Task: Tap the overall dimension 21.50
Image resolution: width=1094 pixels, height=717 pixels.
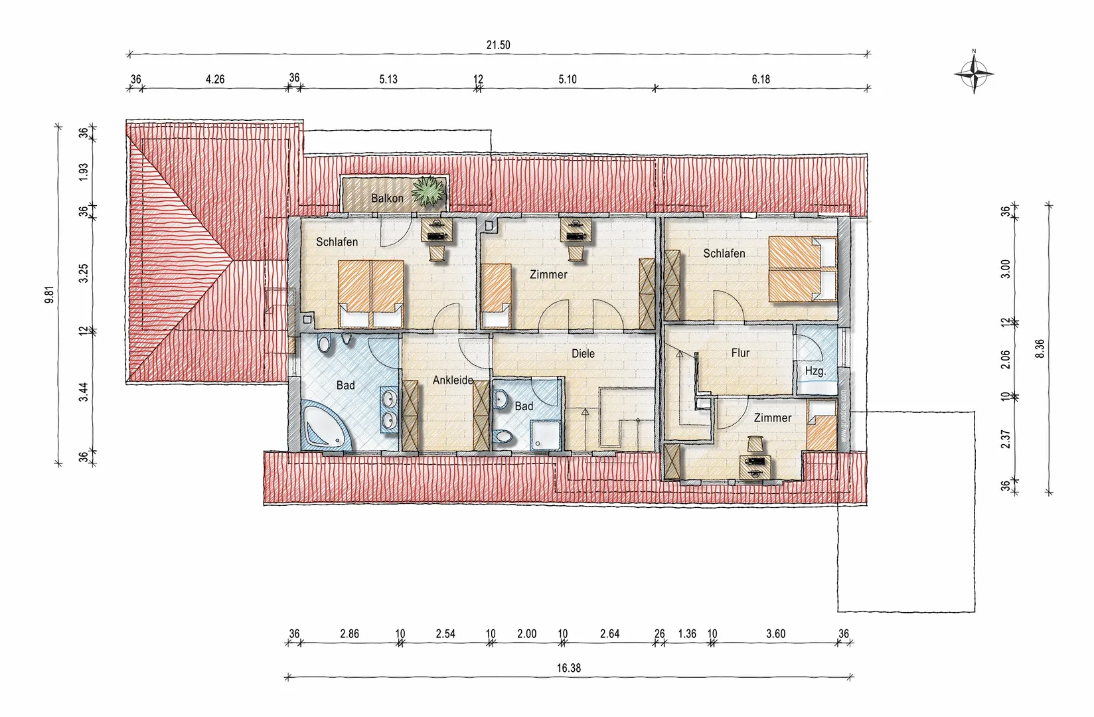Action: pos(498,45)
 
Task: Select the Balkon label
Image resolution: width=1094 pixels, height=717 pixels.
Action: pos(387,199)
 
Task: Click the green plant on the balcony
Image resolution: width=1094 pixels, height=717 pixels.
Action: pos(429,191)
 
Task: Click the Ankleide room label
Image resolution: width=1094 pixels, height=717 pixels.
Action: pos(453,380)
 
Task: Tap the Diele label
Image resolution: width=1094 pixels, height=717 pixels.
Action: pos(583,354)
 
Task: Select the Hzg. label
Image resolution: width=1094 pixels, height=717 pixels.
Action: pos(815,371)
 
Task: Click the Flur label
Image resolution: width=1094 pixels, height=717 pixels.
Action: pos(740,353)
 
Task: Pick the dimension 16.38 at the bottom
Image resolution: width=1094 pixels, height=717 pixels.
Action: pos(569,668)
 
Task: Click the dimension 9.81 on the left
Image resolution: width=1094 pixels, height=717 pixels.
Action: pos(49,295)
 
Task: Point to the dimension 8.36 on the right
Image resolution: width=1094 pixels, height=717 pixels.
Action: pos(1040,349)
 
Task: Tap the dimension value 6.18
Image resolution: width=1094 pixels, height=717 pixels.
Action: pos(761,79)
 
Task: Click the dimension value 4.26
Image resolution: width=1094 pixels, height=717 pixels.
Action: pos(215,79)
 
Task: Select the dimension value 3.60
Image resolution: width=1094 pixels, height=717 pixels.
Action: pos(775,634)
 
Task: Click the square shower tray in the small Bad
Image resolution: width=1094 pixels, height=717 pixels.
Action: pos(544,436)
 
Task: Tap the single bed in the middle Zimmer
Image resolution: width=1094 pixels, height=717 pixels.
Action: pos(496,296)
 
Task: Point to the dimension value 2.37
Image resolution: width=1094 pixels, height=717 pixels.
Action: pos(1004,439)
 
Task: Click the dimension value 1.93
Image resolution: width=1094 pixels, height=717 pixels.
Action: pos(84,173)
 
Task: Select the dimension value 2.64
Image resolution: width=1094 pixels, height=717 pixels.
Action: pos(609,634)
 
